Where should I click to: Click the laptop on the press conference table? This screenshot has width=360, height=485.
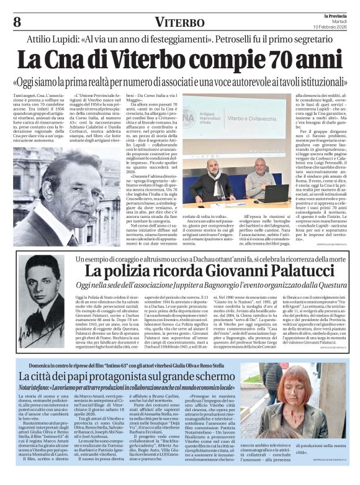click(276, 193)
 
